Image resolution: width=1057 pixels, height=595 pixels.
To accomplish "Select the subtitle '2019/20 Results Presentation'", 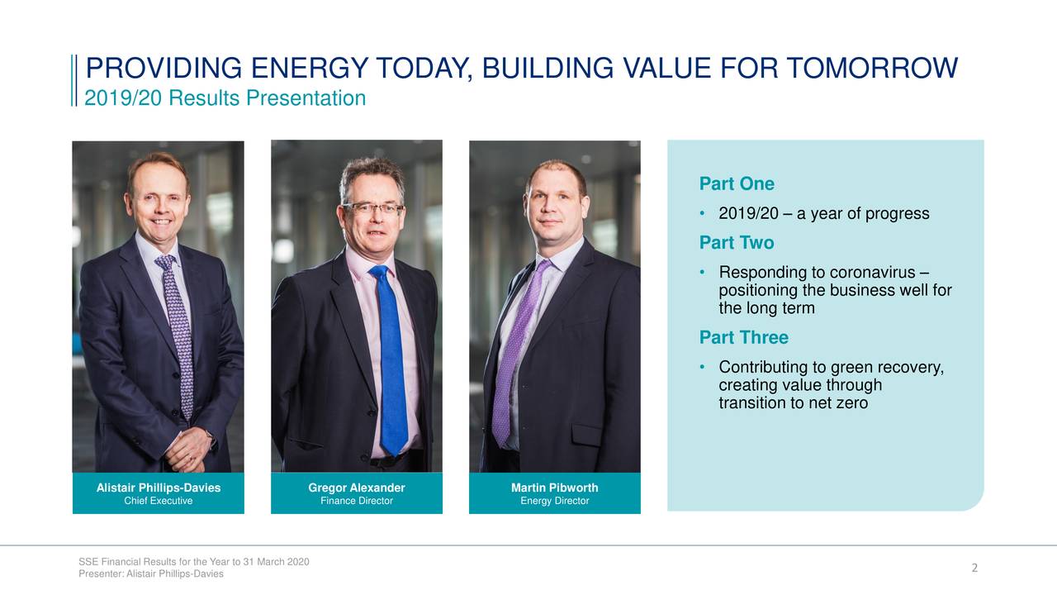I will pos(225,98).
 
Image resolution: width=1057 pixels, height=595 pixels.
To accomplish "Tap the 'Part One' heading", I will pos(736,183).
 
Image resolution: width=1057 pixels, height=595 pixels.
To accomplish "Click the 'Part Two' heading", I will pos(736,243).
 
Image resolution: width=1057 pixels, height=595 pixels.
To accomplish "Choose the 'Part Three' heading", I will pos(743,337).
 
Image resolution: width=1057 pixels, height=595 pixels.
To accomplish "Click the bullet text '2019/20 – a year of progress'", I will pos(823,214).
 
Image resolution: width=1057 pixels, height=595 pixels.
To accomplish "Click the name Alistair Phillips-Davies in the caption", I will pos(159,488).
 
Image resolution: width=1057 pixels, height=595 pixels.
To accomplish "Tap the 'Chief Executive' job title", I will pos(159,501).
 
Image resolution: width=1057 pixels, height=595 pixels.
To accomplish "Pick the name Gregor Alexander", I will pos(357,488).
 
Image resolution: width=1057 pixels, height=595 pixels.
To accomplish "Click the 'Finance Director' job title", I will pos(357,501).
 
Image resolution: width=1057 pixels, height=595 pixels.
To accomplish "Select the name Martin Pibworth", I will pos(554,488).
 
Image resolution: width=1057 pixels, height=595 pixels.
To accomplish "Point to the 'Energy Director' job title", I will pos(554,501).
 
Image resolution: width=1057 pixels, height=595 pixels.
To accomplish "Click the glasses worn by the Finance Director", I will pos(373,208).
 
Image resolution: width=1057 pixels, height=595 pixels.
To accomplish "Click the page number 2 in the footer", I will pos(974,568).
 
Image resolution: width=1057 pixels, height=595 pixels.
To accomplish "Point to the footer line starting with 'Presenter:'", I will pos(151,574).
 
